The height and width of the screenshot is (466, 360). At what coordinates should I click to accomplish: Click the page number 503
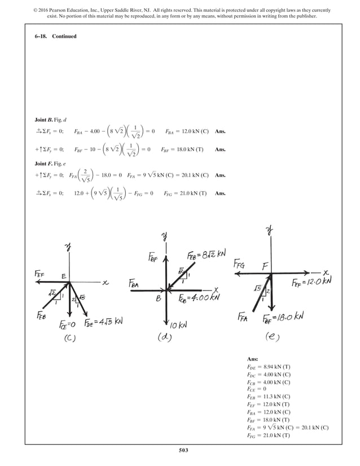tap(180, 450)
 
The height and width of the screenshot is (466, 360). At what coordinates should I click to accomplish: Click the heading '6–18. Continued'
tap(55, 36)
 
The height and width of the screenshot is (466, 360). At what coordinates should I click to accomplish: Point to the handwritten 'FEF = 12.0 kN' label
tap(311, 280)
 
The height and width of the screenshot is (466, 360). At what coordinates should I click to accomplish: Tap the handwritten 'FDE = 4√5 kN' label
tap(103, 323)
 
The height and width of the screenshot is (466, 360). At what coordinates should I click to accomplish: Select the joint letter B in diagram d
tap(159, 299)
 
